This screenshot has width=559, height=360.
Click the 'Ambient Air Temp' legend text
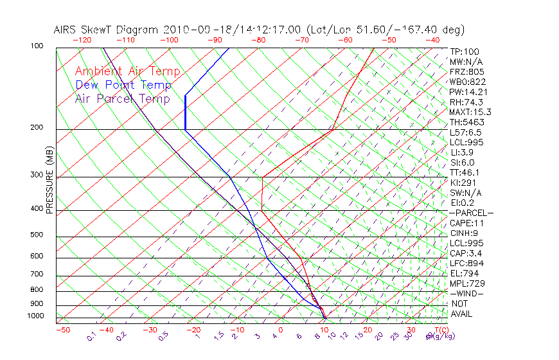[128, 71]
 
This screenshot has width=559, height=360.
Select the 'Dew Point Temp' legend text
[123, 85]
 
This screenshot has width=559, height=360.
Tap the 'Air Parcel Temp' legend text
[123, 98]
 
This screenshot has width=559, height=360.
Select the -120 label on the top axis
[82, 40]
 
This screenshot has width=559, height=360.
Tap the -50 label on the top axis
[389, 40]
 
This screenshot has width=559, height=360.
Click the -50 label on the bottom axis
[62, 330]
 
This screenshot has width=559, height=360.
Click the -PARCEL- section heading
[472, 213]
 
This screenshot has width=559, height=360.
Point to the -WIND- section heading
[467, 293]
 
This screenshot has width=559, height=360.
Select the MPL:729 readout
[467, 283]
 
